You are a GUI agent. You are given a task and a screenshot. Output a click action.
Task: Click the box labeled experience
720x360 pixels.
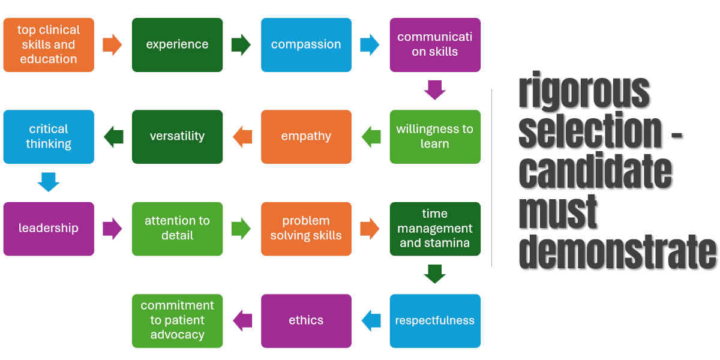click(177, 45)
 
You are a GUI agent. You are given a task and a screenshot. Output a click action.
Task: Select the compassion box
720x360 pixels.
click(306, 45)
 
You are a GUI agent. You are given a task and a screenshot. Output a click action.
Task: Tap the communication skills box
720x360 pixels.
click(435, 45)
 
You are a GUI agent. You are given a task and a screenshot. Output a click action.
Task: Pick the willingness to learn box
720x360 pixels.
click(435, 137)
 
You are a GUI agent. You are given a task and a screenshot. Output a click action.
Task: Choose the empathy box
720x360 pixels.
click(306, 137)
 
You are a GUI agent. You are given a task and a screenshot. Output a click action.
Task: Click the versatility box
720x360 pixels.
click(177, 137)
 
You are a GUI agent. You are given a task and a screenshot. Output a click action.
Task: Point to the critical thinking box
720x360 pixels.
click(49, 137)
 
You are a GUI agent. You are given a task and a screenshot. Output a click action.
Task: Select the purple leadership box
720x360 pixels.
click(49, 229)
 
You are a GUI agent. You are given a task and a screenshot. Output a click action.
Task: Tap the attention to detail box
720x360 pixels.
click(177, 229)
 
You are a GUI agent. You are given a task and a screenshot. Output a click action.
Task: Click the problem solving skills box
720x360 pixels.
click(306, 229)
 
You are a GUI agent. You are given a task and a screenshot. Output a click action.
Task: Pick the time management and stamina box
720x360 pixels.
click(435, 229)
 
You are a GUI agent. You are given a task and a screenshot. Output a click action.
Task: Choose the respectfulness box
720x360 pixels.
click(435, 320)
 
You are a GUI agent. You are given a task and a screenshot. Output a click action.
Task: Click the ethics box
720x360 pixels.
click(306, 320)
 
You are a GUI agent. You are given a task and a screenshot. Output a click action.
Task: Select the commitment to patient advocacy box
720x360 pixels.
click(177, 320)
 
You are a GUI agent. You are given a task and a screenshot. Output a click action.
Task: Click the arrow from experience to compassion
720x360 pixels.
click(241, 45)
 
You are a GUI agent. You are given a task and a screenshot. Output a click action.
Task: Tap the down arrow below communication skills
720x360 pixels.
click(435, 91)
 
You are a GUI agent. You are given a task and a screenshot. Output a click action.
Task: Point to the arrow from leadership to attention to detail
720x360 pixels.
click(112, 229)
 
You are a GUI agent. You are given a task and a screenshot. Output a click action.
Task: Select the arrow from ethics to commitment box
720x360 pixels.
click(242, 320)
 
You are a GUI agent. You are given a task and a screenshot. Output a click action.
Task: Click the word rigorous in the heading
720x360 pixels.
click(584, 91)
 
